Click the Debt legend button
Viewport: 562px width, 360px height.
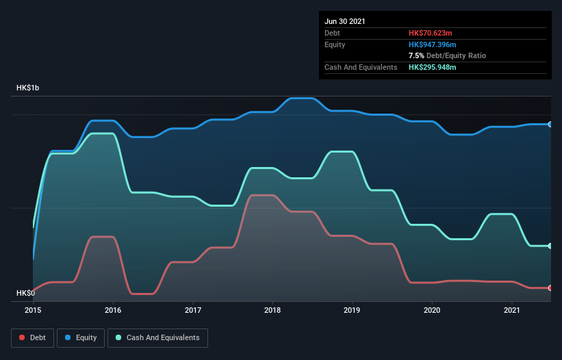(31, 337)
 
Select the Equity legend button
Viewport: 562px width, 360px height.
(81, 337)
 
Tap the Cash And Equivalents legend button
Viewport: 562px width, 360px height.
(157, 337)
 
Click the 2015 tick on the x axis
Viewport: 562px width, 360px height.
(34, 310)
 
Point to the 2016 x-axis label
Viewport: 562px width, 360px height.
(113, 310)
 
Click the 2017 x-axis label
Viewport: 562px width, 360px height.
(193, 310)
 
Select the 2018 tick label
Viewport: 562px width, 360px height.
(272, 310)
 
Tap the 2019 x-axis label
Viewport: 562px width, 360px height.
(353, 310)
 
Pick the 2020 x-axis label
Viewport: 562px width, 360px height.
(432, 310)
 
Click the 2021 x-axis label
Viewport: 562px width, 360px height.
(512, 310)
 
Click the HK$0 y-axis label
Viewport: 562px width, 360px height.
(27, 293)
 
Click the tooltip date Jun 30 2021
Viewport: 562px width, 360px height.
(345, 21)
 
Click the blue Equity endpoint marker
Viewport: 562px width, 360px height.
(550, 125)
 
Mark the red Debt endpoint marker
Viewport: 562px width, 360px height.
(550, 288)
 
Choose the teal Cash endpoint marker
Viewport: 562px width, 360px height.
(550, 246)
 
